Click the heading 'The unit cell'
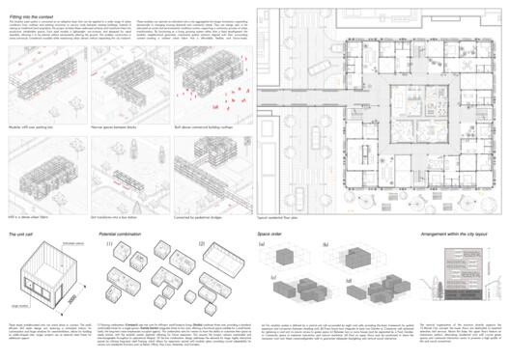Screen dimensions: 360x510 click(24, 235)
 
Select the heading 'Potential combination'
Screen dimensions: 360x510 click(122, 235)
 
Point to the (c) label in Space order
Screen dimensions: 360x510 click(262, 280)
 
